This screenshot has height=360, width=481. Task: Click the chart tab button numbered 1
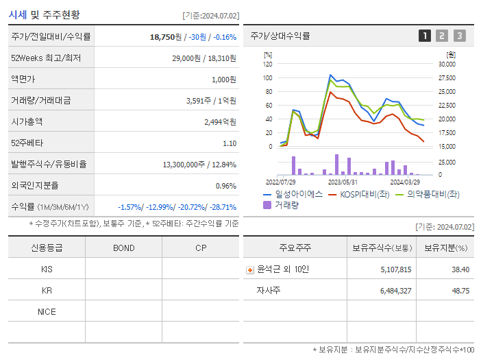coord(425,36)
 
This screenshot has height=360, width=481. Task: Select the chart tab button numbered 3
coord(459,36)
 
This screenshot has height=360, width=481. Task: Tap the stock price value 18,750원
coord(166,37)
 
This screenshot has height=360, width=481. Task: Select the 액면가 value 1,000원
coord(223,80)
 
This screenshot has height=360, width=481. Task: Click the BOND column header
coord(123,248)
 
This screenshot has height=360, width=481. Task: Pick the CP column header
coord(200,248)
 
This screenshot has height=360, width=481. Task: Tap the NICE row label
coord(47,311)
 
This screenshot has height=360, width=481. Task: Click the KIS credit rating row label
coord(47,269)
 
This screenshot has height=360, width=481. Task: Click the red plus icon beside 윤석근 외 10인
coord(250,270)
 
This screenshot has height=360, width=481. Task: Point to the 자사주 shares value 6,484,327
coord(391,291)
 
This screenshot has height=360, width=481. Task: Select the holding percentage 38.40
coord(460,269)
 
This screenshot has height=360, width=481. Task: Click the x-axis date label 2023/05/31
coord(343,182)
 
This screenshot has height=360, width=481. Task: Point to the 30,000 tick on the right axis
coord(446,64)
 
